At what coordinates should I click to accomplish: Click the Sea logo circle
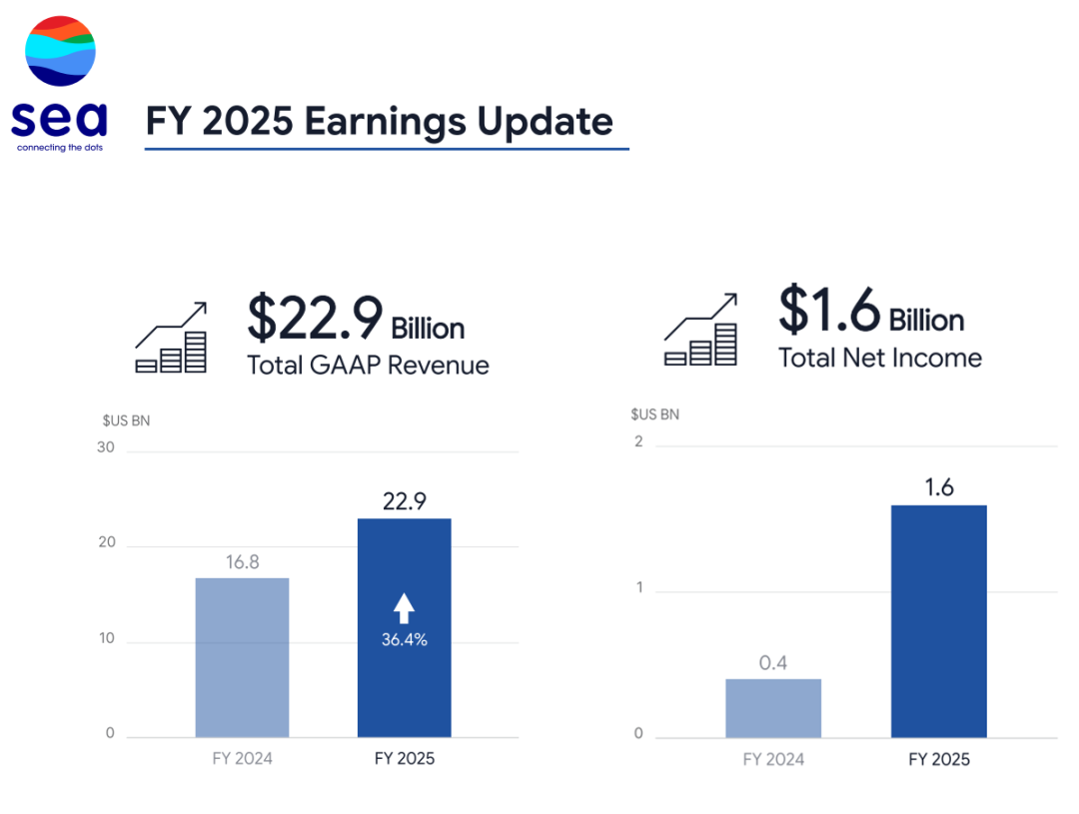[60, 51]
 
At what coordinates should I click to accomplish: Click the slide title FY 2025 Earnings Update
[380, 121]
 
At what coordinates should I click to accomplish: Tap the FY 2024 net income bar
[773, 708]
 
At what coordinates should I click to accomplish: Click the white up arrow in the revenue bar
[404, 607]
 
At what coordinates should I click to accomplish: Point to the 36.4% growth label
[405, 640]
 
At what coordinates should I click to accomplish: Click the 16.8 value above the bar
[242, 562]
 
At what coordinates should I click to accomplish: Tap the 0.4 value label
[773, 662]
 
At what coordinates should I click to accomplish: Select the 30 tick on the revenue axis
[106, 448]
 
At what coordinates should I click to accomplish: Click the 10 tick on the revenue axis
[106, 639]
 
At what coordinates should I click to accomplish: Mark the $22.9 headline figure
[316, 319]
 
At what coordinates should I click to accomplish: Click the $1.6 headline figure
[830, 311]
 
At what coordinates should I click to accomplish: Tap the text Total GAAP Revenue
[368, 366]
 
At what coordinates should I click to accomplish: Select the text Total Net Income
[880, 358]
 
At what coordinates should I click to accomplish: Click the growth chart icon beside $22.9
[172, 338]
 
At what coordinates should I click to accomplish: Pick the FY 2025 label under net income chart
[939, 760]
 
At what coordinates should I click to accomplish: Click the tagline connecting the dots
[59, 147]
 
